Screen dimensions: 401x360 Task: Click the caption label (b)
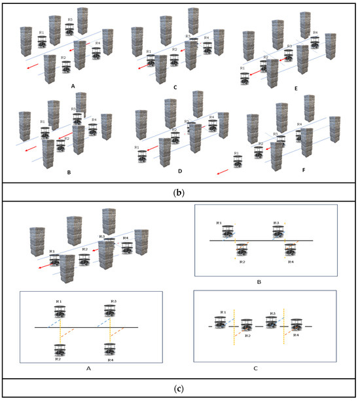[179, 194]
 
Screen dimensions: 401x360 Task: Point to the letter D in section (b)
[179, 175]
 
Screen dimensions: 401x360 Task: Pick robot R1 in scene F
[238, 159]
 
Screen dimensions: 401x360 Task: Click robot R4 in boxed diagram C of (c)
[296, 325]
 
